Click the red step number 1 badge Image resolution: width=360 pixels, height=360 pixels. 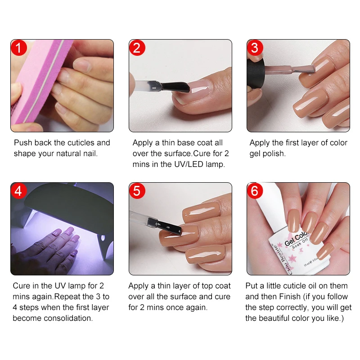(x=18, y=48)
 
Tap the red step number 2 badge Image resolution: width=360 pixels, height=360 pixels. (x=137, y=48)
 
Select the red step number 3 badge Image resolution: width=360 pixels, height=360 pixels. (x=255, y=48)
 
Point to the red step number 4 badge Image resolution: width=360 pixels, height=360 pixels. (x=18, y=191)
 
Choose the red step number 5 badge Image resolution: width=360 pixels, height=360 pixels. (x=137, y=191)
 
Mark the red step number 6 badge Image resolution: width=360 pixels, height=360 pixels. (x=255, y=191)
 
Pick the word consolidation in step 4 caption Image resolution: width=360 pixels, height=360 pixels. (x=70, y=318)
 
